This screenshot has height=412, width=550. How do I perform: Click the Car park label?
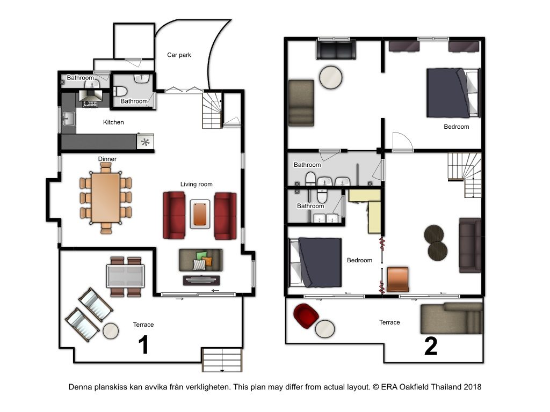(x=179, y=55)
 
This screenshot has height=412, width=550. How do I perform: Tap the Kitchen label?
(x=113, y=122)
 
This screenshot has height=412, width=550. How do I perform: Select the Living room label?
(x=197, y=185)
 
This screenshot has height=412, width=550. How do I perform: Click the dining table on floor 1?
(x=106, y=198)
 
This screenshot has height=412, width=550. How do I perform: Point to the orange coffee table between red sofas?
(x=200, y=214)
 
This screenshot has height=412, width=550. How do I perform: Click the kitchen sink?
(x=68, y=119)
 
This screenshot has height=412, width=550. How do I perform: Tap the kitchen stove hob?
(x=90, y=104)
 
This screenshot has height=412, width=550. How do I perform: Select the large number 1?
(x=143, y=345)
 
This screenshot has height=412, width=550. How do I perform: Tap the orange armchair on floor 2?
(x=398, y=279)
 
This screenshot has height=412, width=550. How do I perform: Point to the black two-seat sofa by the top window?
(x=336, y=49)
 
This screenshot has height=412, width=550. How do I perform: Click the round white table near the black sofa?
(x=331, y=77)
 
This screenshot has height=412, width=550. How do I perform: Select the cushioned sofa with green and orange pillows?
(x=201, y=260)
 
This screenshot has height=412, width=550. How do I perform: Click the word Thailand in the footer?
(x=446, y=387)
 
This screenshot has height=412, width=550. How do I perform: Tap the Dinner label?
(x=107, y=159)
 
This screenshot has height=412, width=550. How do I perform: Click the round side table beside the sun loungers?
(x=111, y=330)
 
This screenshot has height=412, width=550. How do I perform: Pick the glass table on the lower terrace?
(x=125, y=276)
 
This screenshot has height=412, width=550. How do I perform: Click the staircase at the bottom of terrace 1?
(x=222, y=360)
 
